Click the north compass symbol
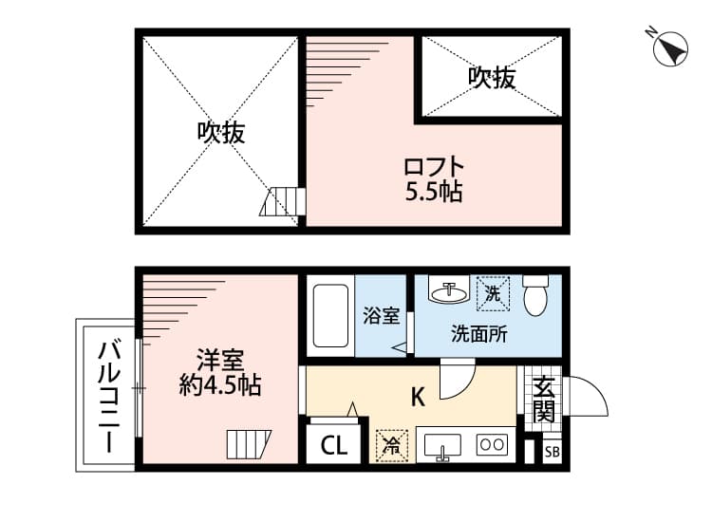pos(670,48)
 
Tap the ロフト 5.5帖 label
pos(434,179)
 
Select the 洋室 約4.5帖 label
pos(220,372)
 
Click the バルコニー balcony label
pos(109,397)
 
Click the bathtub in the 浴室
pos(330,315)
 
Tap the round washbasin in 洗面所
pos(449,292)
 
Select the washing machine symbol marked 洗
pos(493,294)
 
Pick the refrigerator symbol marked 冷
pos(392,446)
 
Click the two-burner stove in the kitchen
pos(492,444)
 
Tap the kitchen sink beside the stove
pos(442,447)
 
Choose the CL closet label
pos(334,446)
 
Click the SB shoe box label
pos(553,452)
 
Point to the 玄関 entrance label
pos(544,400)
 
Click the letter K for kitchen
pos(418,397)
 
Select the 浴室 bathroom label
pos(382,316)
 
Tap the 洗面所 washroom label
pos(479,334)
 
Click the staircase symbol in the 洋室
pos(249,444)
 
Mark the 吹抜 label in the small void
pos(492,78)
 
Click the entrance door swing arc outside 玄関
pos(597,390)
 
